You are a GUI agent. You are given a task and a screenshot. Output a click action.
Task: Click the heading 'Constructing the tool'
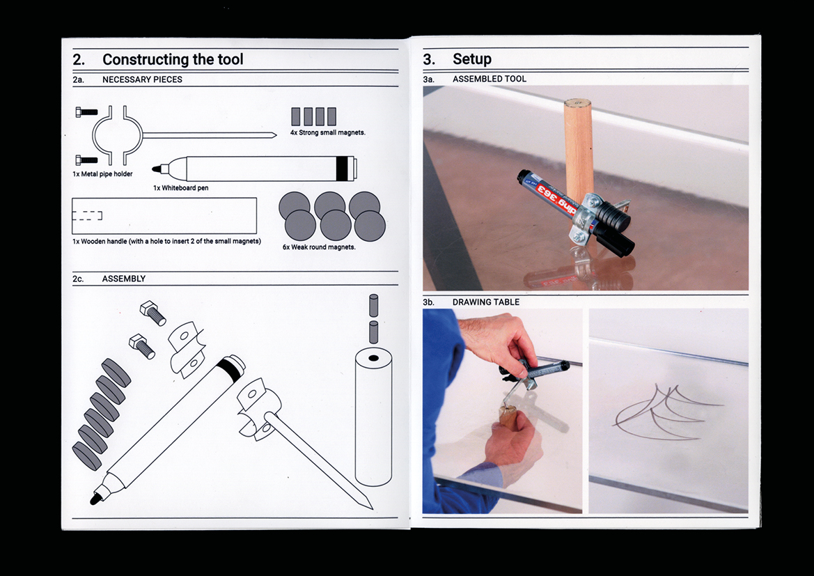[x=173, y=60]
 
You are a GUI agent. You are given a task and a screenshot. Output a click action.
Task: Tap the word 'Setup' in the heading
[x=472, y=59]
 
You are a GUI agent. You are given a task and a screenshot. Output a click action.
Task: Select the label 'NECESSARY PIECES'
[x=142, y=79]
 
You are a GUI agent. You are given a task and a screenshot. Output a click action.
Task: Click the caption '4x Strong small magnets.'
[x=327, y=132]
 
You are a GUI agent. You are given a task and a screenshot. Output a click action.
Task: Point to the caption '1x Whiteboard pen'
[x=180, y=187]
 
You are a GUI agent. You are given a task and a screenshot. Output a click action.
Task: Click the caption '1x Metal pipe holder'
[x=103, y=174]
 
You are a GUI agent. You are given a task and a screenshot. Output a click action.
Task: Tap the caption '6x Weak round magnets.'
[x=320, y=247]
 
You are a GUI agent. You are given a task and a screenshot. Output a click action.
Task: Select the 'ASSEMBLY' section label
[x=123, y=279]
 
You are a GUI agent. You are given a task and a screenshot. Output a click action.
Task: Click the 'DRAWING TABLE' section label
[x=486, y=302]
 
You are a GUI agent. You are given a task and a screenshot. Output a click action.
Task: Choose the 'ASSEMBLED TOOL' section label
[x=490, y=79]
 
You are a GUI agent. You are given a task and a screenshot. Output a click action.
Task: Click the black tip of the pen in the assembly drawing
[x=95, y=499]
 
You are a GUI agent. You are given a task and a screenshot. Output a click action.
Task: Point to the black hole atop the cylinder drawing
[x=373, y=359]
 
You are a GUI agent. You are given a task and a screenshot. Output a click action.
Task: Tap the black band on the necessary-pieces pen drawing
[x=341, y=169]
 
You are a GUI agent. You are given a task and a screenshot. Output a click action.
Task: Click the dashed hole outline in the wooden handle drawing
[x=87, y=215]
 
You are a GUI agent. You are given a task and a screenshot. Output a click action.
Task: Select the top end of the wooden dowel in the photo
[x=577, y=103]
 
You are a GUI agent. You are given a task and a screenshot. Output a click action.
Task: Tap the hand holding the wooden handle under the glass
[x=512, y=442]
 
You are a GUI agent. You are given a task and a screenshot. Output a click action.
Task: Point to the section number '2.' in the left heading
[x=79, y=60]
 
